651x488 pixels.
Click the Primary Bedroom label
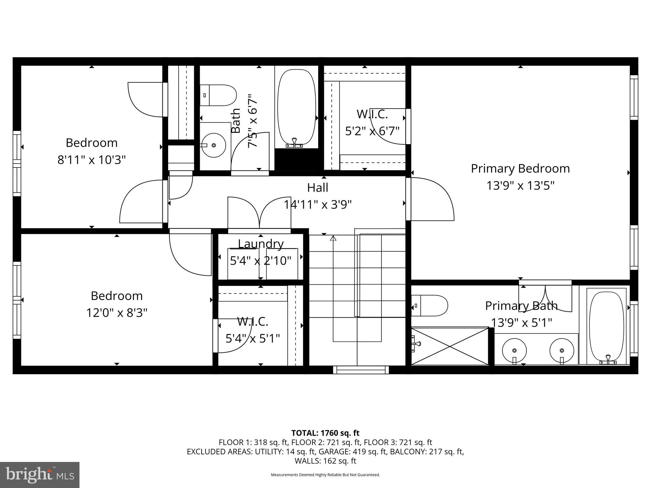coord(520,169)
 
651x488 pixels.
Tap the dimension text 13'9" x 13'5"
coord(520,186)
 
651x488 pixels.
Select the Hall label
coord(318,188)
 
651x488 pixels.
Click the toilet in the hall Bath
coord(219,95)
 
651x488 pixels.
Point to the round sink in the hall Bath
coord(214,145)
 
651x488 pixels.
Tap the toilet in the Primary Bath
coord(430,306)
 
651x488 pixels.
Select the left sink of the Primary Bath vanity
coord(514,350)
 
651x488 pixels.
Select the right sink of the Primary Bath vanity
coord(562,350)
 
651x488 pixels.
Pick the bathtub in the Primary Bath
coord(606,326)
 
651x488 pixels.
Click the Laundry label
coord(261,244)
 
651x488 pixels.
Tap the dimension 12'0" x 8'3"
coord(117,313)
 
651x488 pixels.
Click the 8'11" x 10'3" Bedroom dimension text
coord(92,159)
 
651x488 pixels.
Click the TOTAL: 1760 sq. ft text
coord(325,433)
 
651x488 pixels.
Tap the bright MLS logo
coord(40,475)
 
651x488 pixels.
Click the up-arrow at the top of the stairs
coord(333,238)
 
